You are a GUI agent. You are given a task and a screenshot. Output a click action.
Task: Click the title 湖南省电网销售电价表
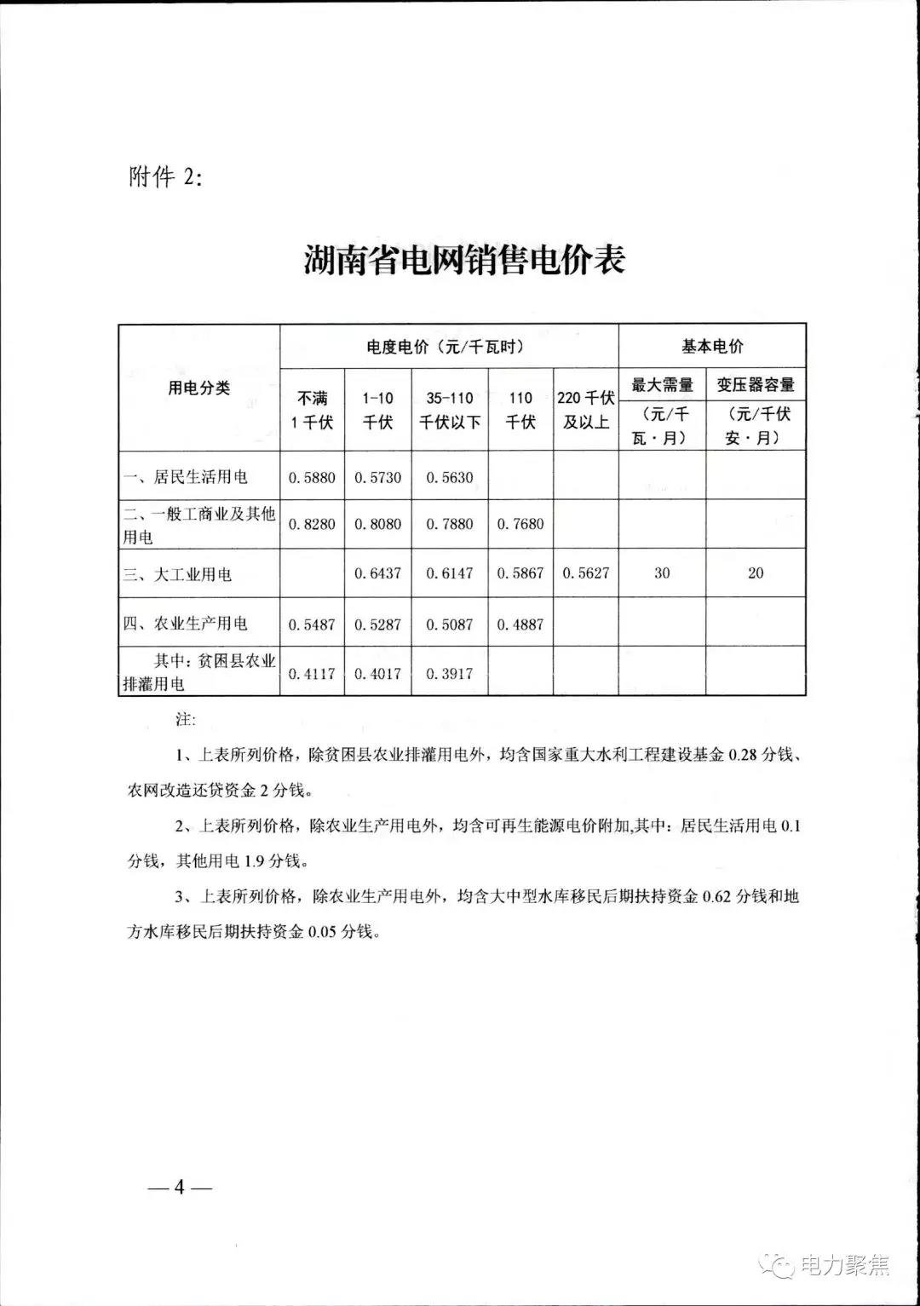464,260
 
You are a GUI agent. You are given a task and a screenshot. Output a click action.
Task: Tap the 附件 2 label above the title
166,177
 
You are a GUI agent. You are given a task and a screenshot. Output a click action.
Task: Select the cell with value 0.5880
312,477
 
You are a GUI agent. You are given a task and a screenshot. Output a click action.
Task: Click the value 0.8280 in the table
312,524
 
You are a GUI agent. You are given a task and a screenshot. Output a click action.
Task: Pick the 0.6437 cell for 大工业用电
377,573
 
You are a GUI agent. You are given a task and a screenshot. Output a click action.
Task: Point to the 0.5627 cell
585,573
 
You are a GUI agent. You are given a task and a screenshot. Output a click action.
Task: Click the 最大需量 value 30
662,573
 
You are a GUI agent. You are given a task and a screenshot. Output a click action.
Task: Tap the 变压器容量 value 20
756,573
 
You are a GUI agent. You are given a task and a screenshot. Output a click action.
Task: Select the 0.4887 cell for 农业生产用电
520,624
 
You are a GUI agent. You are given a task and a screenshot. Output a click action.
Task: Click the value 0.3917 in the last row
449,673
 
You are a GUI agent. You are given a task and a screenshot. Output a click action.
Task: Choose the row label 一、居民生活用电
186,477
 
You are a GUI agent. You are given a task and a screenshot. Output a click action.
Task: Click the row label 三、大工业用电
177,574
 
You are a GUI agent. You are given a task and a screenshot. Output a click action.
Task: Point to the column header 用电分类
198,388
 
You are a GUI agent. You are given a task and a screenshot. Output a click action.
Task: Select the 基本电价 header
712,347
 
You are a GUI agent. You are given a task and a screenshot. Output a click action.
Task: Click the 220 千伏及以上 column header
585,410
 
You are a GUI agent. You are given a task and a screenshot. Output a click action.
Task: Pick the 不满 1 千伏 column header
312,410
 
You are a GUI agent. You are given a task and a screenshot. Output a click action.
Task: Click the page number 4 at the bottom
179,1187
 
